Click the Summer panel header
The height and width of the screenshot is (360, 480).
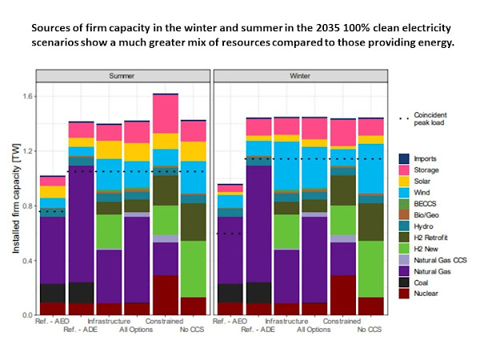pos(122,76)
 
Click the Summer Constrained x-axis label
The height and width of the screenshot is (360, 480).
pos(166,322)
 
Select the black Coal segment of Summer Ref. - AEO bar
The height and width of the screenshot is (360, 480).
pos(52,293)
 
